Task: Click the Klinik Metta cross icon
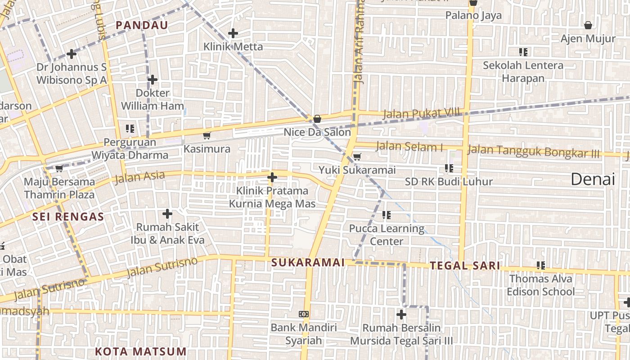pos(233,33)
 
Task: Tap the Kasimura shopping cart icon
pos(207,135)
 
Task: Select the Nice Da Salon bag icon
pos(317,119)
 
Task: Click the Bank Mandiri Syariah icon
pos(304,314)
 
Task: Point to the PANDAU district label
pos(142,25)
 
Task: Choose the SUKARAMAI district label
pos(308,262)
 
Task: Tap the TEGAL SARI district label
pos(465,265)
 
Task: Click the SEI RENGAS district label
pos(68,216)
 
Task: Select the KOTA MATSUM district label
pos(141,351)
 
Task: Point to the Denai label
pos(593,179)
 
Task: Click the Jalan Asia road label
pos(140,177)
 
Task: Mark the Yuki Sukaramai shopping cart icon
pos(357,157)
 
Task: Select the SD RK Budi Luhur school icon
pos(449,168)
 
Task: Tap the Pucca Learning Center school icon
pos(386,215)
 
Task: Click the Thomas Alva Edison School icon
pos(540,265)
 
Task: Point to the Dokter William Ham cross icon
pos(153,80)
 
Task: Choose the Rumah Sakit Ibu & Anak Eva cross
pos(167,213)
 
